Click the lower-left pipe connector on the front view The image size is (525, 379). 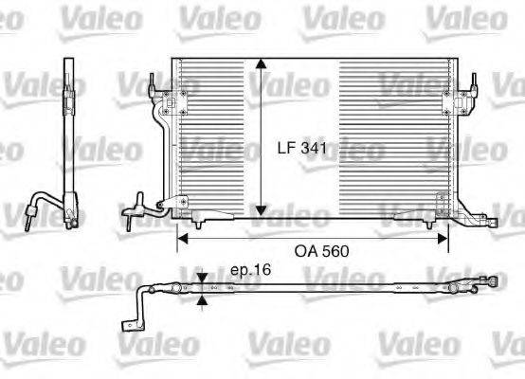click(140, 205)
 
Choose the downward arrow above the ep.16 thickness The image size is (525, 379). click(201, 280)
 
